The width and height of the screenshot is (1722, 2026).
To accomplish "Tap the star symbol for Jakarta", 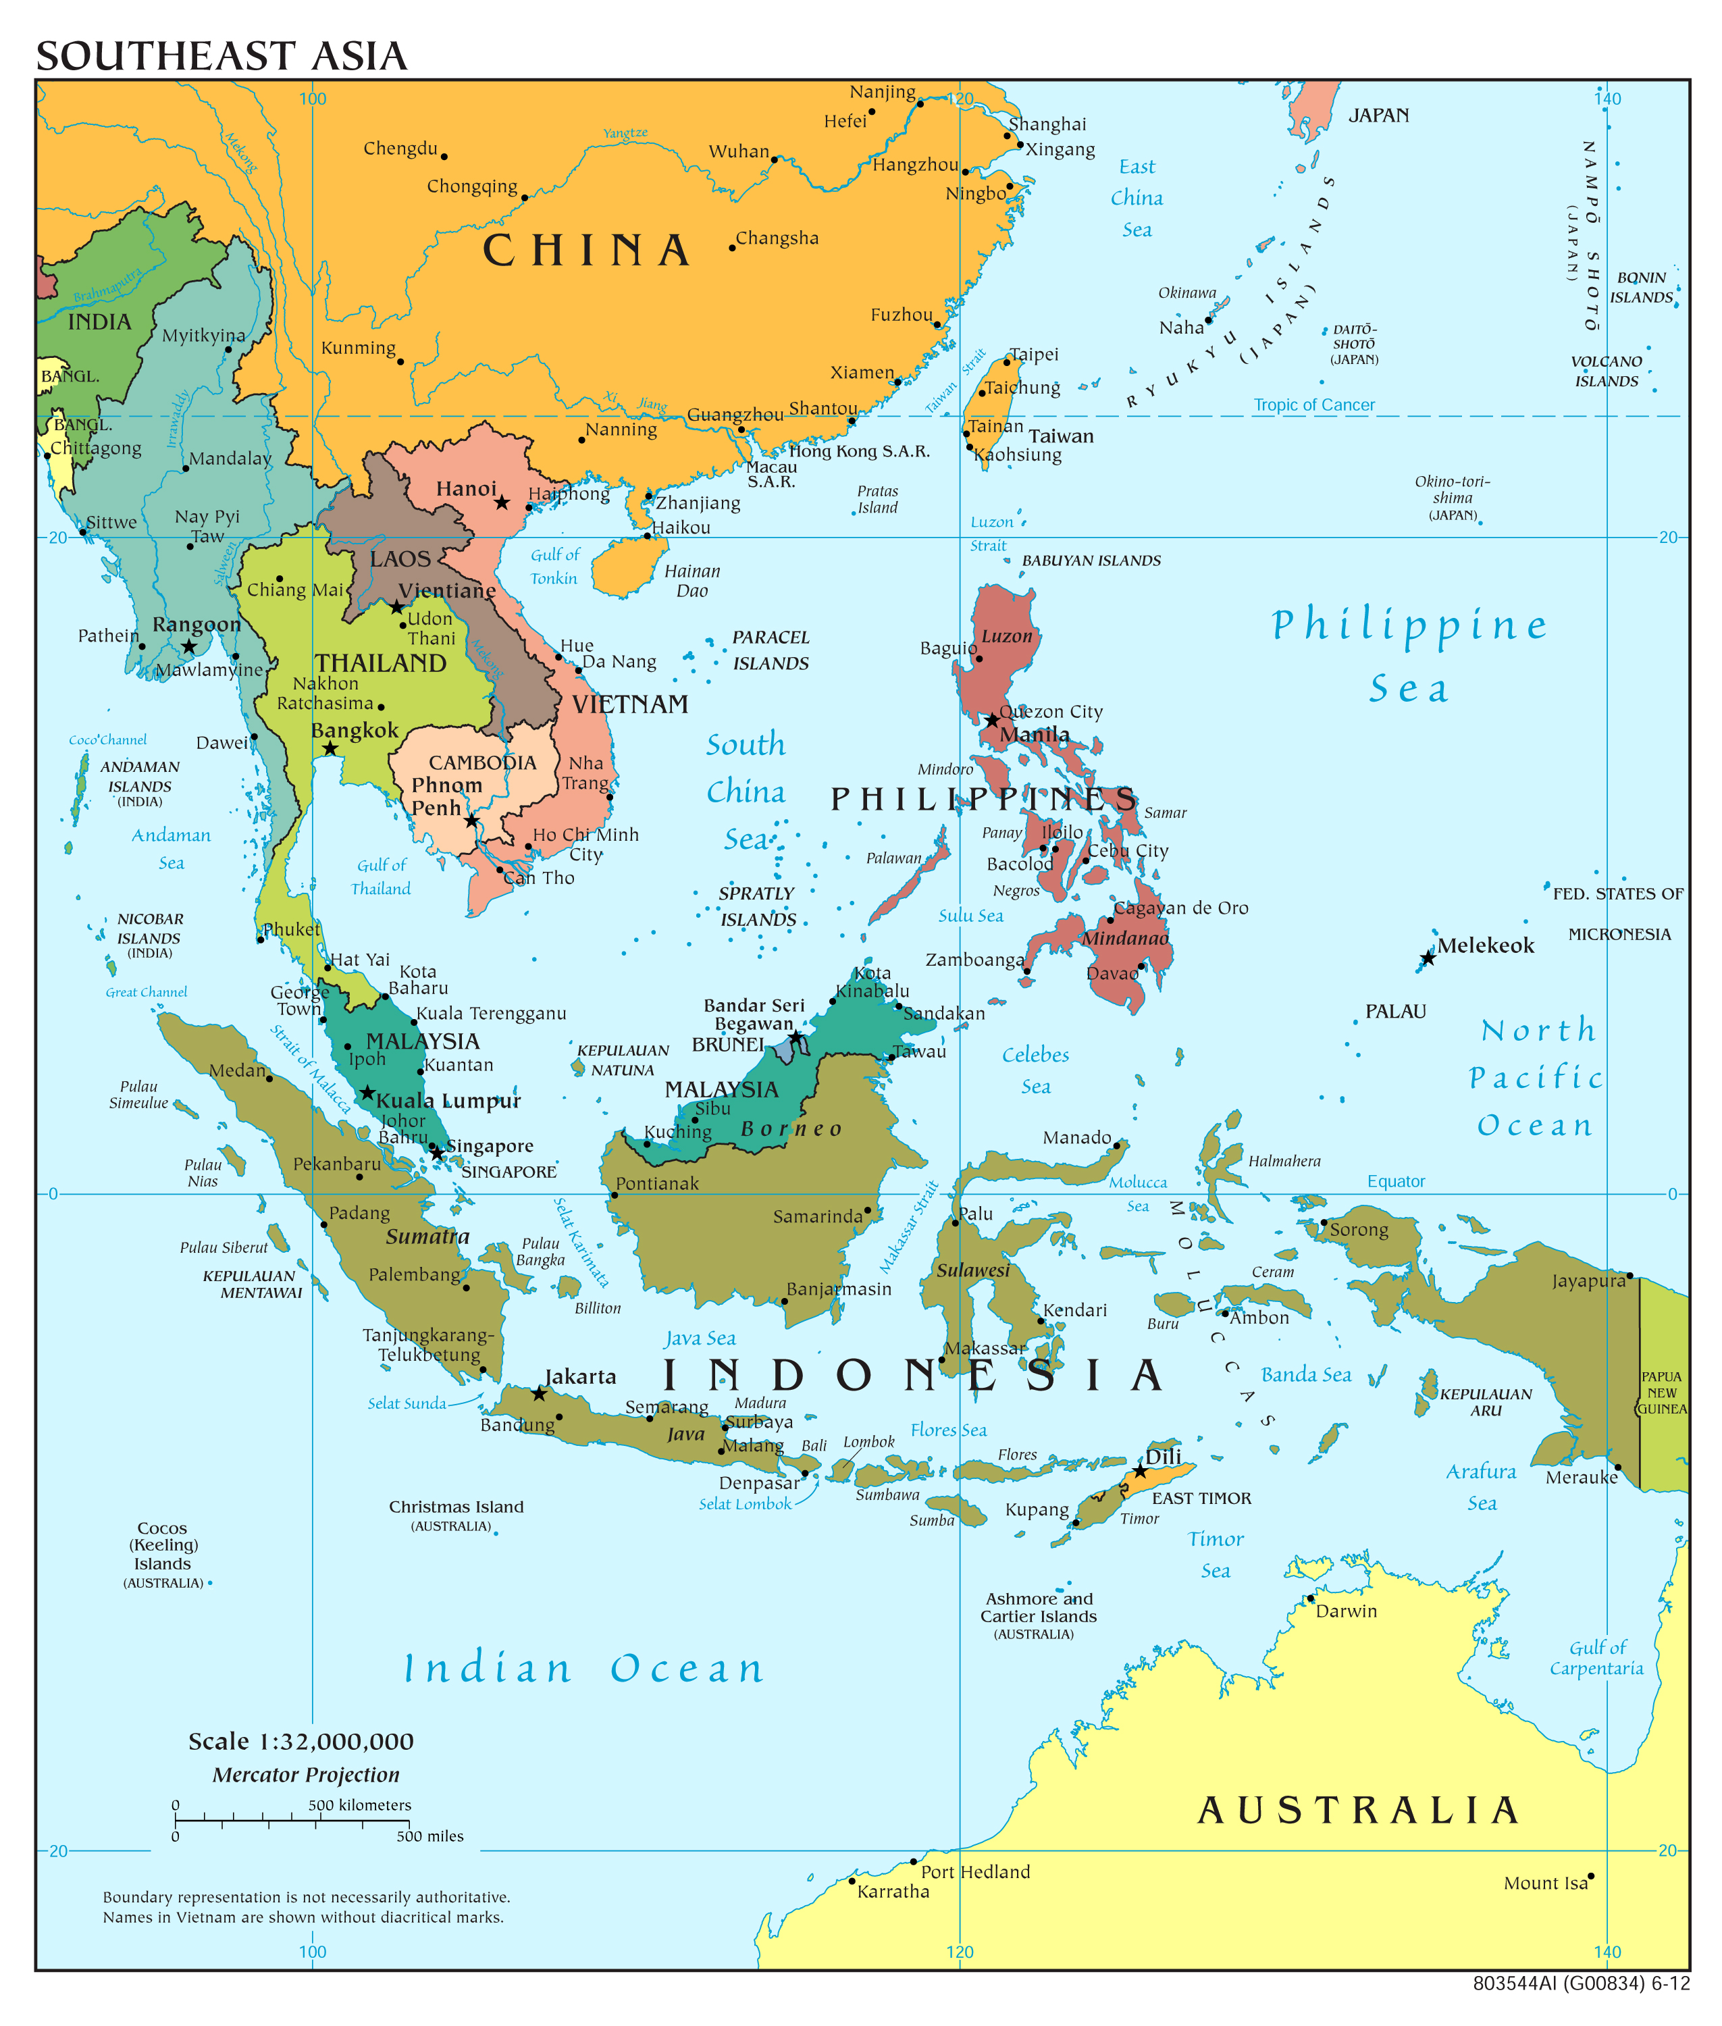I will (539, 1393).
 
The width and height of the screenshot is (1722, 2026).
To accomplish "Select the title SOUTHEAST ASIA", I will (221, 55).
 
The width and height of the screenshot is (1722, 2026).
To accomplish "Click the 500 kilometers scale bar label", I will (359, 1805).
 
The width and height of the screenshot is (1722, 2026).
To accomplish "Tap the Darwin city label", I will (1345, 1612).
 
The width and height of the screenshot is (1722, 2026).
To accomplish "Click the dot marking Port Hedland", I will (913, 1862).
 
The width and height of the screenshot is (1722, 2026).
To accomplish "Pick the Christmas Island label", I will (456, 1507).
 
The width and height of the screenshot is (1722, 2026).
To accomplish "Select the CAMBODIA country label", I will (482, 762).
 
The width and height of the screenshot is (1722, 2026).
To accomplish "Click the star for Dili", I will (1139, 1472).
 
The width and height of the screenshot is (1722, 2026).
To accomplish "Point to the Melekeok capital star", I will (1427, 959).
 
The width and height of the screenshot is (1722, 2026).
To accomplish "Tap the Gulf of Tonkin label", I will (554, 567).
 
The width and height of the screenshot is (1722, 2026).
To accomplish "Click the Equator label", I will (1395, 1181).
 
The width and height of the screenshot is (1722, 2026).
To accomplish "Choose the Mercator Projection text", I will (305, 1775).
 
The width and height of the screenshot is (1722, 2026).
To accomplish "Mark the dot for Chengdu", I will (444, 156).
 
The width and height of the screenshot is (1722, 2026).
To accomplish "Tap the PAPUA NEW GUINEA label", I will (1661, 1393).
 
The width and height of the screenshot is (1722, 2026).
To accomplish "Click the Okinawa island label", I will (1187, 293).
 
